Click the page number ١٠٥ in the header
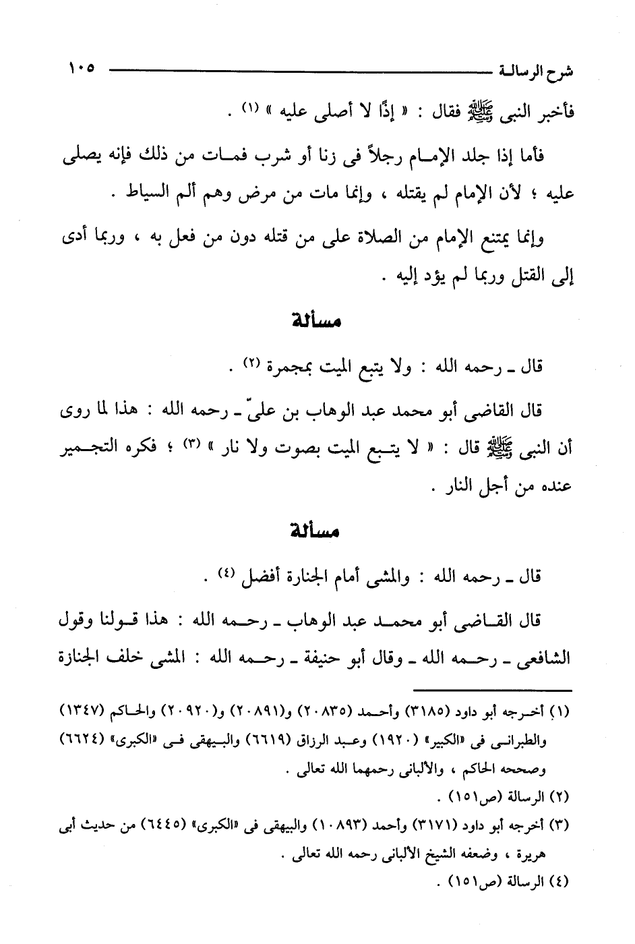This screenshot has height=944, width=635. coord(81,67)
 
